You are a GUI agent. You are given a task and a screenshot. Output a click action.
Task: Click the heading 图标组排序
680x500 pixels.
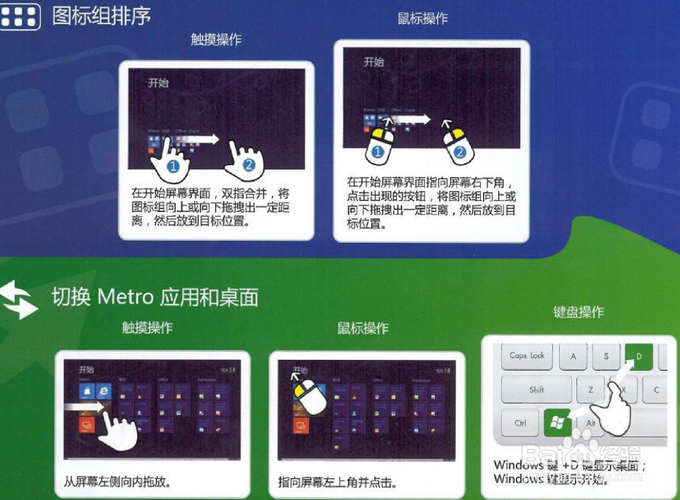click(101, 16)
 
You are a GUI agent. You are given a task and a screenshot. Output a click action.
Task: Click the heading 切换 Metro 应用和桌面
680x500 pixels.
click(155, 297)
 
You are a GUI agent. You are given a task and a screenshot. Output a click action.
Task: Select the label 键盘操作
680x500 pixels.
click(578, 312)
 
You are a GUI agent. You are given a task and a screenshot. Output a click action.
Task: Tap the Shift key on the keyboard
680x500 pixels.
click(536, 390)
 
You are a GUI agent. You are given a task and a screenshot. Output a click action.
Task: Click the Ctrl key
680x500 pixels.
click(520, 423)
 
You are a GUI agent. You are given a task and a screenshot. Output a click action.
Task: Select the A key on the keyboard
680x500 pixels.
click(573, 356)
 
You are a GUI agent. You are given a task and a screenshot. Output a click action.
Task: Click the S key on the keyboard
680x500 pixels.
click(606, 356)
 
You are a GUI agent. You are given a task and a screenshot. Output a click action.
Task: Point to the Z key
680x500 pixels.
click(590, 390)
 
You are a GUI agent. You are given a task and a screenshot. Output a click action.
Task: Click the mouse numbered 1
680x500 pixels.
click(380, 143)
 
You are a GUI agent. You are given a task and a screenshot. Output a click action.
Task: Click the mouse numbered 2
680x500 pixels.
click(456, 143)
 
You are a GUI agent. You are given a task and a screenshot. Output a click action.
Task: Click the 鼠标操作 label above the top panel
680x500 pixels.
click(423, 19)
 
